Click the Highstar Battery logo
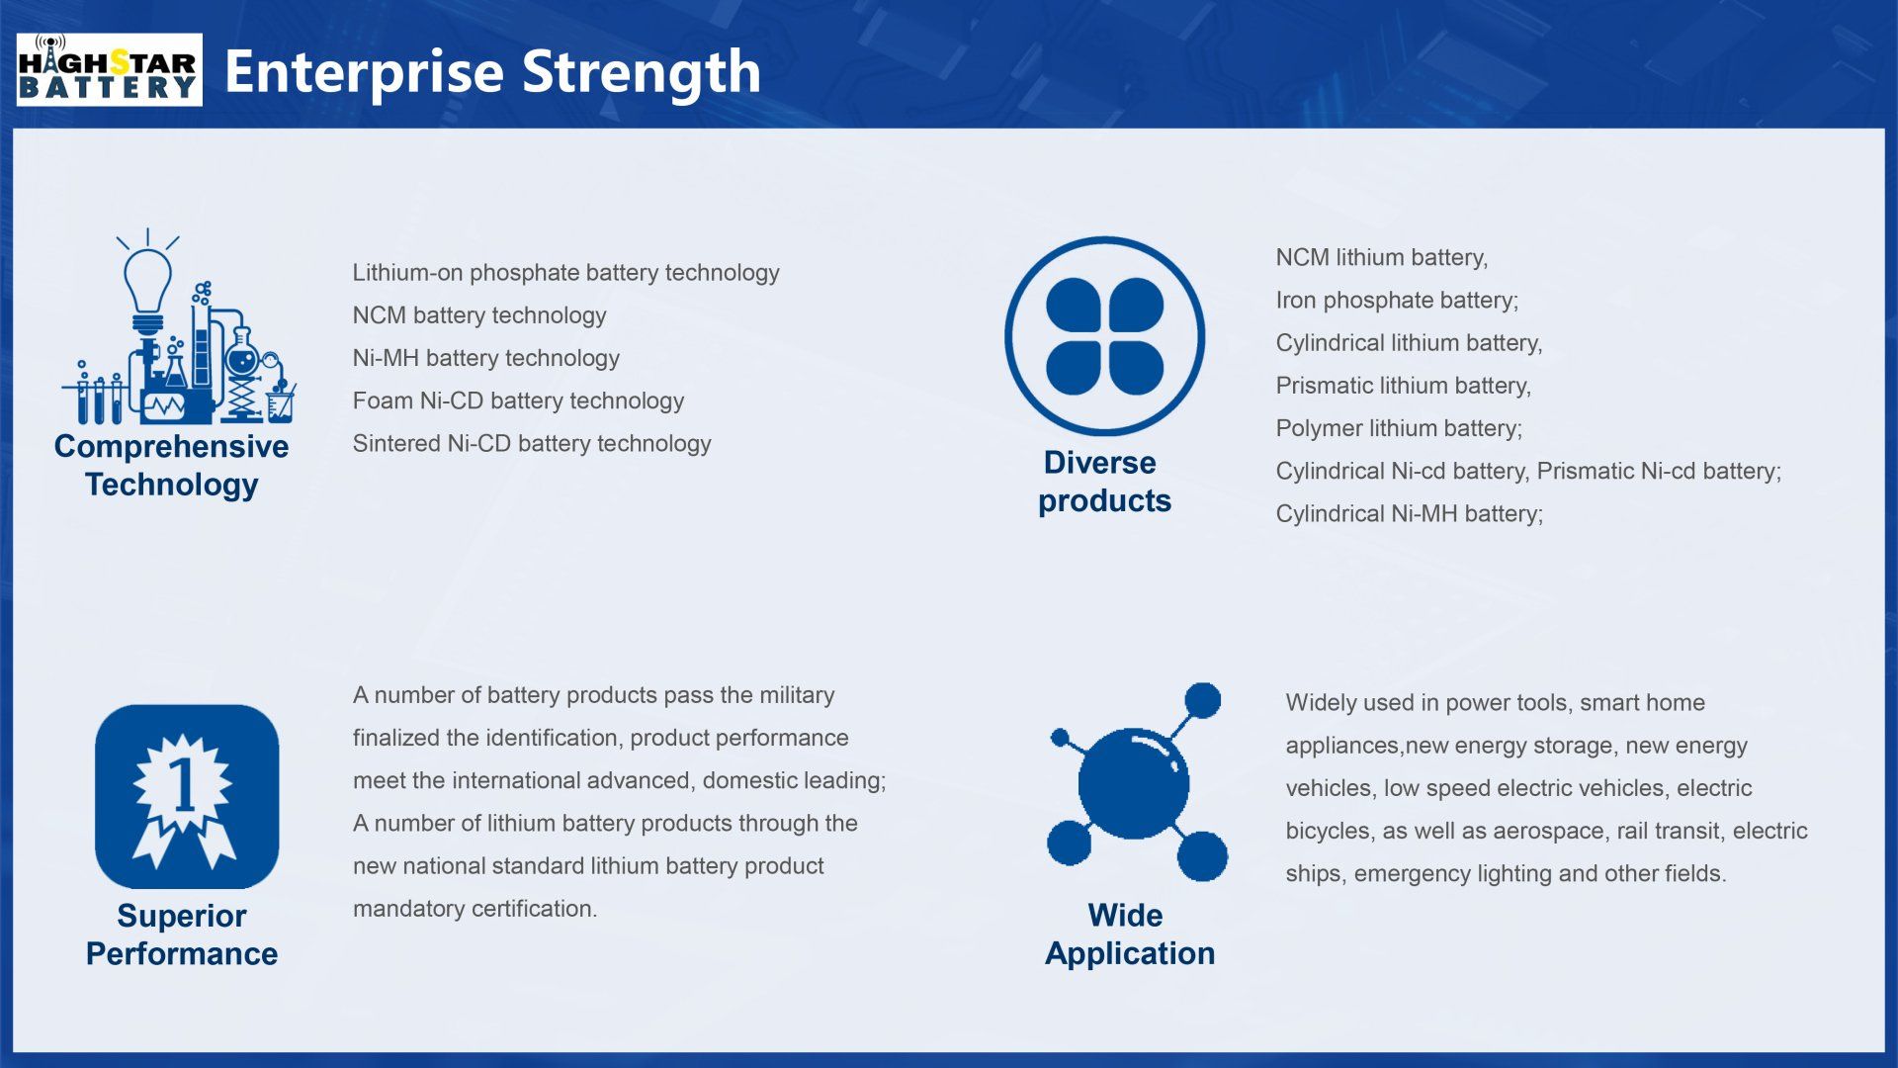(109, 69)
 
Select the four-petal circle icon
(1104, 336)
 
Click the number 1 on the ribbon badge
(184, 786)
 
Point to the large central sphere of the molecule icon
(1133, 784)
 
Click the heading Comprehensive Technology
(171, 465)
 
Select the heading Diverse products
(1104, 482)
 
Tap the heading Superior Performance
(182, 934)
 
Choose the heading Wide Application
(1130, 934)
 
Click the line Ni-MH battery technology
(486, 358)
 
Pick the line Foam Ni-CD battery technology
(518, 400)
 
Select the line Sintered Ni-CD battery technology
(532, 443)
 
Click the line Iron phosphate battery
(1397, 300)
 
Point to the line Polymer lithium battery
(1399, 428)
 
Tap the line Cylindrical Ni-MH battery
(1409, 513)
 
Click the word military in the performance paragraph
(797, 695)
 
